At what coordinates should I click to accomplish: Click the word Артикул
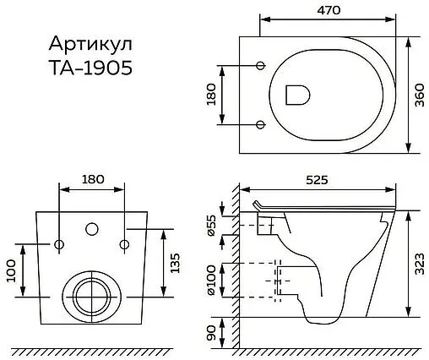click(83, 45)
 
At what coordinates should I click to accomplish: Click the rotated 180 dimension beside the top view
click(212, 94)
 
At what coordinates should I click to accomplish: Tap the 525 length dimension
click(316, 180)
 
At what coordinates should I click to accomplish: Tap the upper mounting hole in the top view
click(260, 64)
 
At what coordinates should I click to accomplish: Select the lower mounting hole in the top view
click(260, 125)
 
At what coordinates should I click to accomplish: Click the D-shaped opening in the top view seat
click(297, 95)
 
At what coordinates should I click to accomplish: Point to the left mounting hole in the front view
click(60, 245)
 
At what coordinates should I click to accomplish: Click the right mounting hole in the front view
click(123, 245)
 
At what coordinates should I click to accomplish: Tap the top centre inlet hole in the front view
click(91, 229)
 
